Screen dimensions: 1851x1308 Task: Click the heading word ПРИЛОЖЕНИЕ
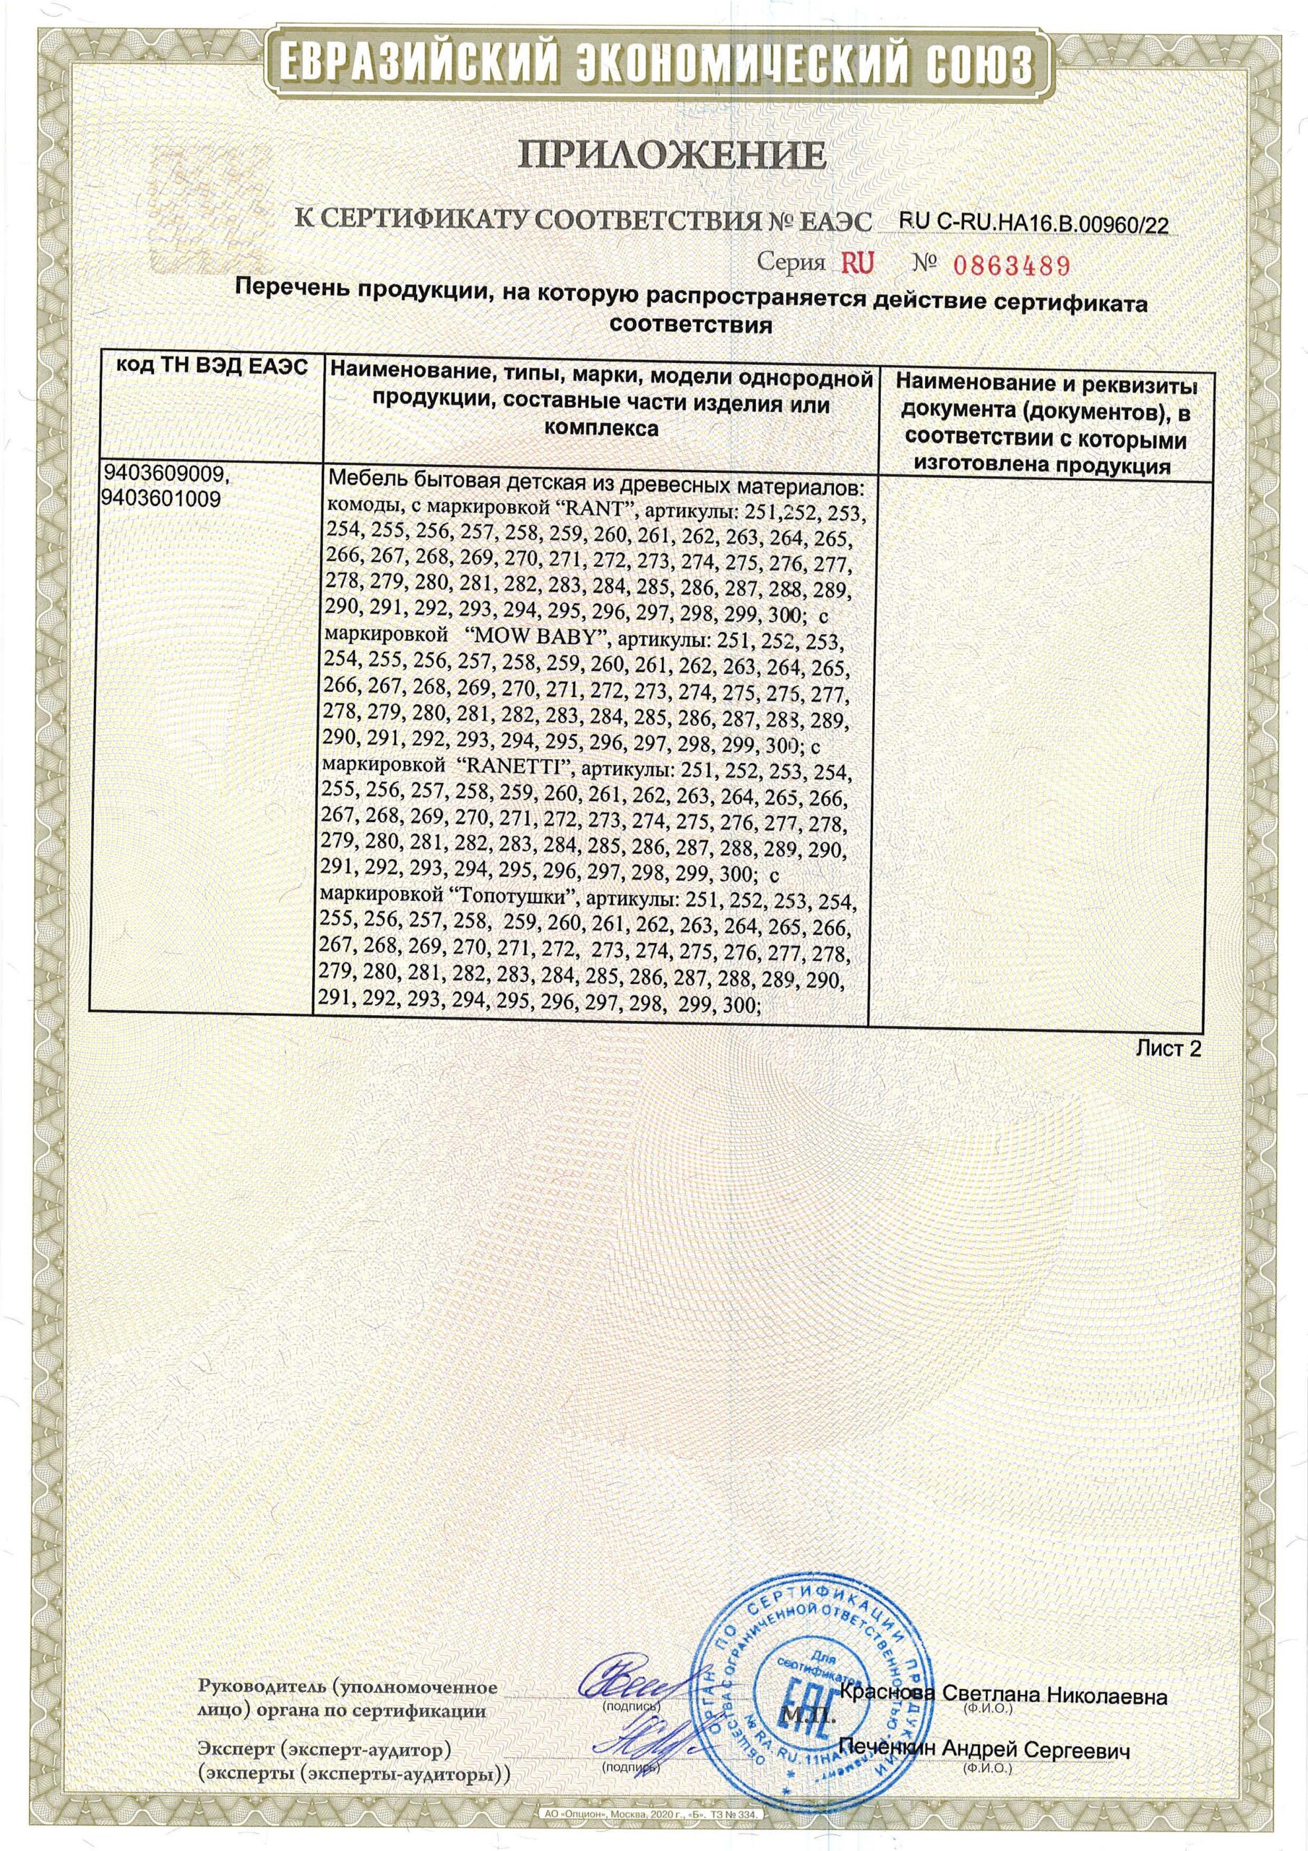(x=653, y=155)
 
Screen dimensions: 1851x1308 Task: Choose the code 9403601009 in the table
(x=162, y=500)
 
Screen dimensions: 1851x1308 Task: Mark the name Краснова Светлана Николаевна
(x=1002, y=1621)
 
